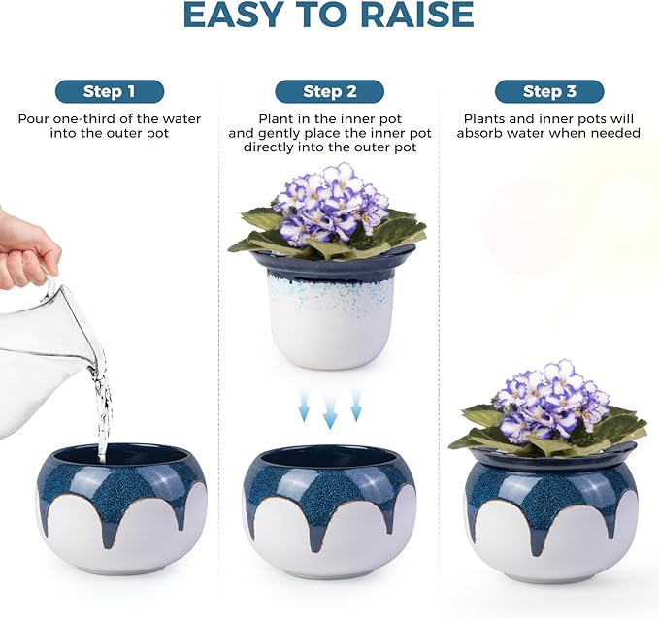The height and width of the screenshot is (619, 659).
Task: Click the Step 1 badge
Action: (x=109, y=92)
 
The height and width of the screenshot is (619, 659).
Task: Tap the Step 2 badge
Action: (x=329, y=92)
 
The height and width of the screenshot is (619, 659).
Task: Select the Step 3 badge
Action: (x=549, y=92)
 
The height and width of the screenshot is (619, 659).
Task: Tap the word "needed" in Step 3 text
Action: (x=616, y=134)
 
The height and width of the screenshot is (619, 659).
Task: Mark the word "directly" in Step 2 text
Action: (x=271, y=147)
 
